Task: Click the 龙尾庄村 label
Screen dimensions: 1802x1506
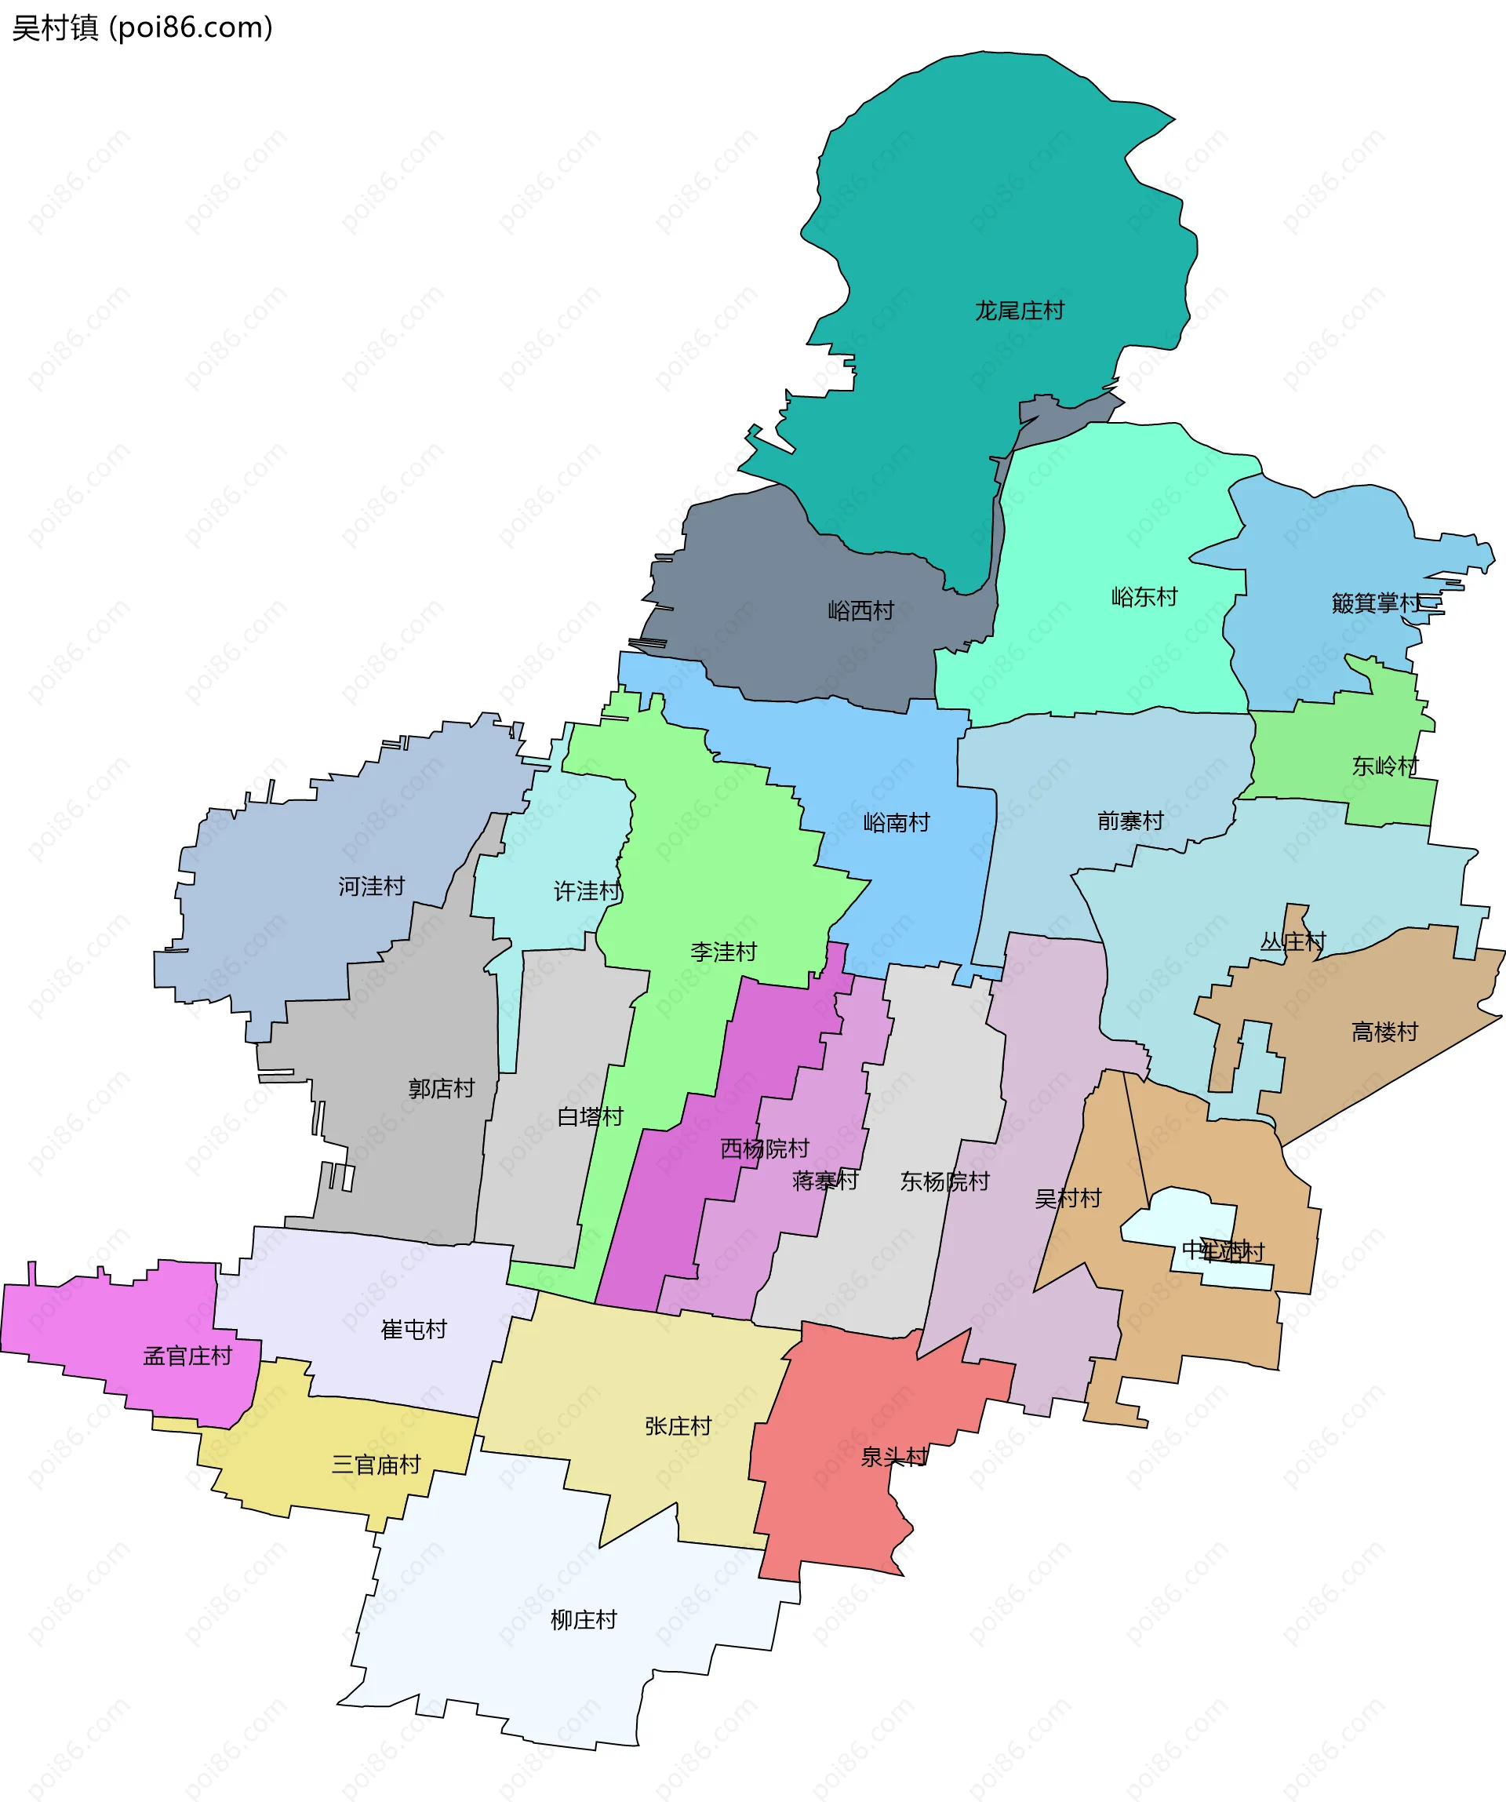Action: [1019, 311]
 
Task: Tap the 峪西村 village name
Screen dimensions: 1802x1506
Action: [860, 611]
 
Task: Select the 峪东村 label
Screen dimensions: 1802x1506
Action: [1144, 596]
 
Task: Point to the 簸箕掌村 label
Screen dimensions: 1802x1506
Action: [1376, 603]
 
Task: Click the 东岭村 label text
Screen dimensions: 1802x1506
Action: [1385, 766]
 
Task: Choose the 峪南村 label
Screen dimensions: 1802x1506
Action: [896, 823]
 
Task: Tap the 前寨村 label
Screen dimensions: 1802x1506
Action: [1130, 821]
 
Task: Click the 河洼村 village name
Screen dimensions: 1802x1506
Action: [371, 886]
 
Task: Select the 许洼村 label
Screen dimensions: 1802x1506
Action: [587, 891]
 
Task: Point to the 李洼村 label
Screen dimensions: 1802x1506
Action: [723, 952]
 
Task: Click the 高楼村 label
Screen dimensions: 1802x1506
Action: [1384, 1032]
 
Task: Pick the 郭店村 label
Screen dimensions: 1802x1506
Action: [441, 1089]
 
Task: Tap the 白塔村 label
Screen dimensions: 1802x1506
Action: [590, 1116]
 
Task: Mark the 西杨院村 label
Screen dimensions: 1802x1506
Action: [765, 1149]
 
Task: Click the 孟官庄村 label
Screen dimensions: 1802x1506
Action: [187, 1356]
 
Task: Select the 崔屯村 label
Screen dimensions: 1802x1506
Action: [413, 1329]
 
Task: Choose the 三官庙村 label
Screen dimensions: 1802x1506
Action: [376, 1464]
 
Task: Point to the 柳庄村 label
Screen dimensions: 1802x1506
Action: [584, 1619]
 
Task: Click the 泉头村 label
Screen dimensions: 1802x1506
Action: [893, 1456]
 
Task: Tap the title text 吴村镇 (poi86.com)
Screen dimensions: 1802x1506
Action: [143, 27]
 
